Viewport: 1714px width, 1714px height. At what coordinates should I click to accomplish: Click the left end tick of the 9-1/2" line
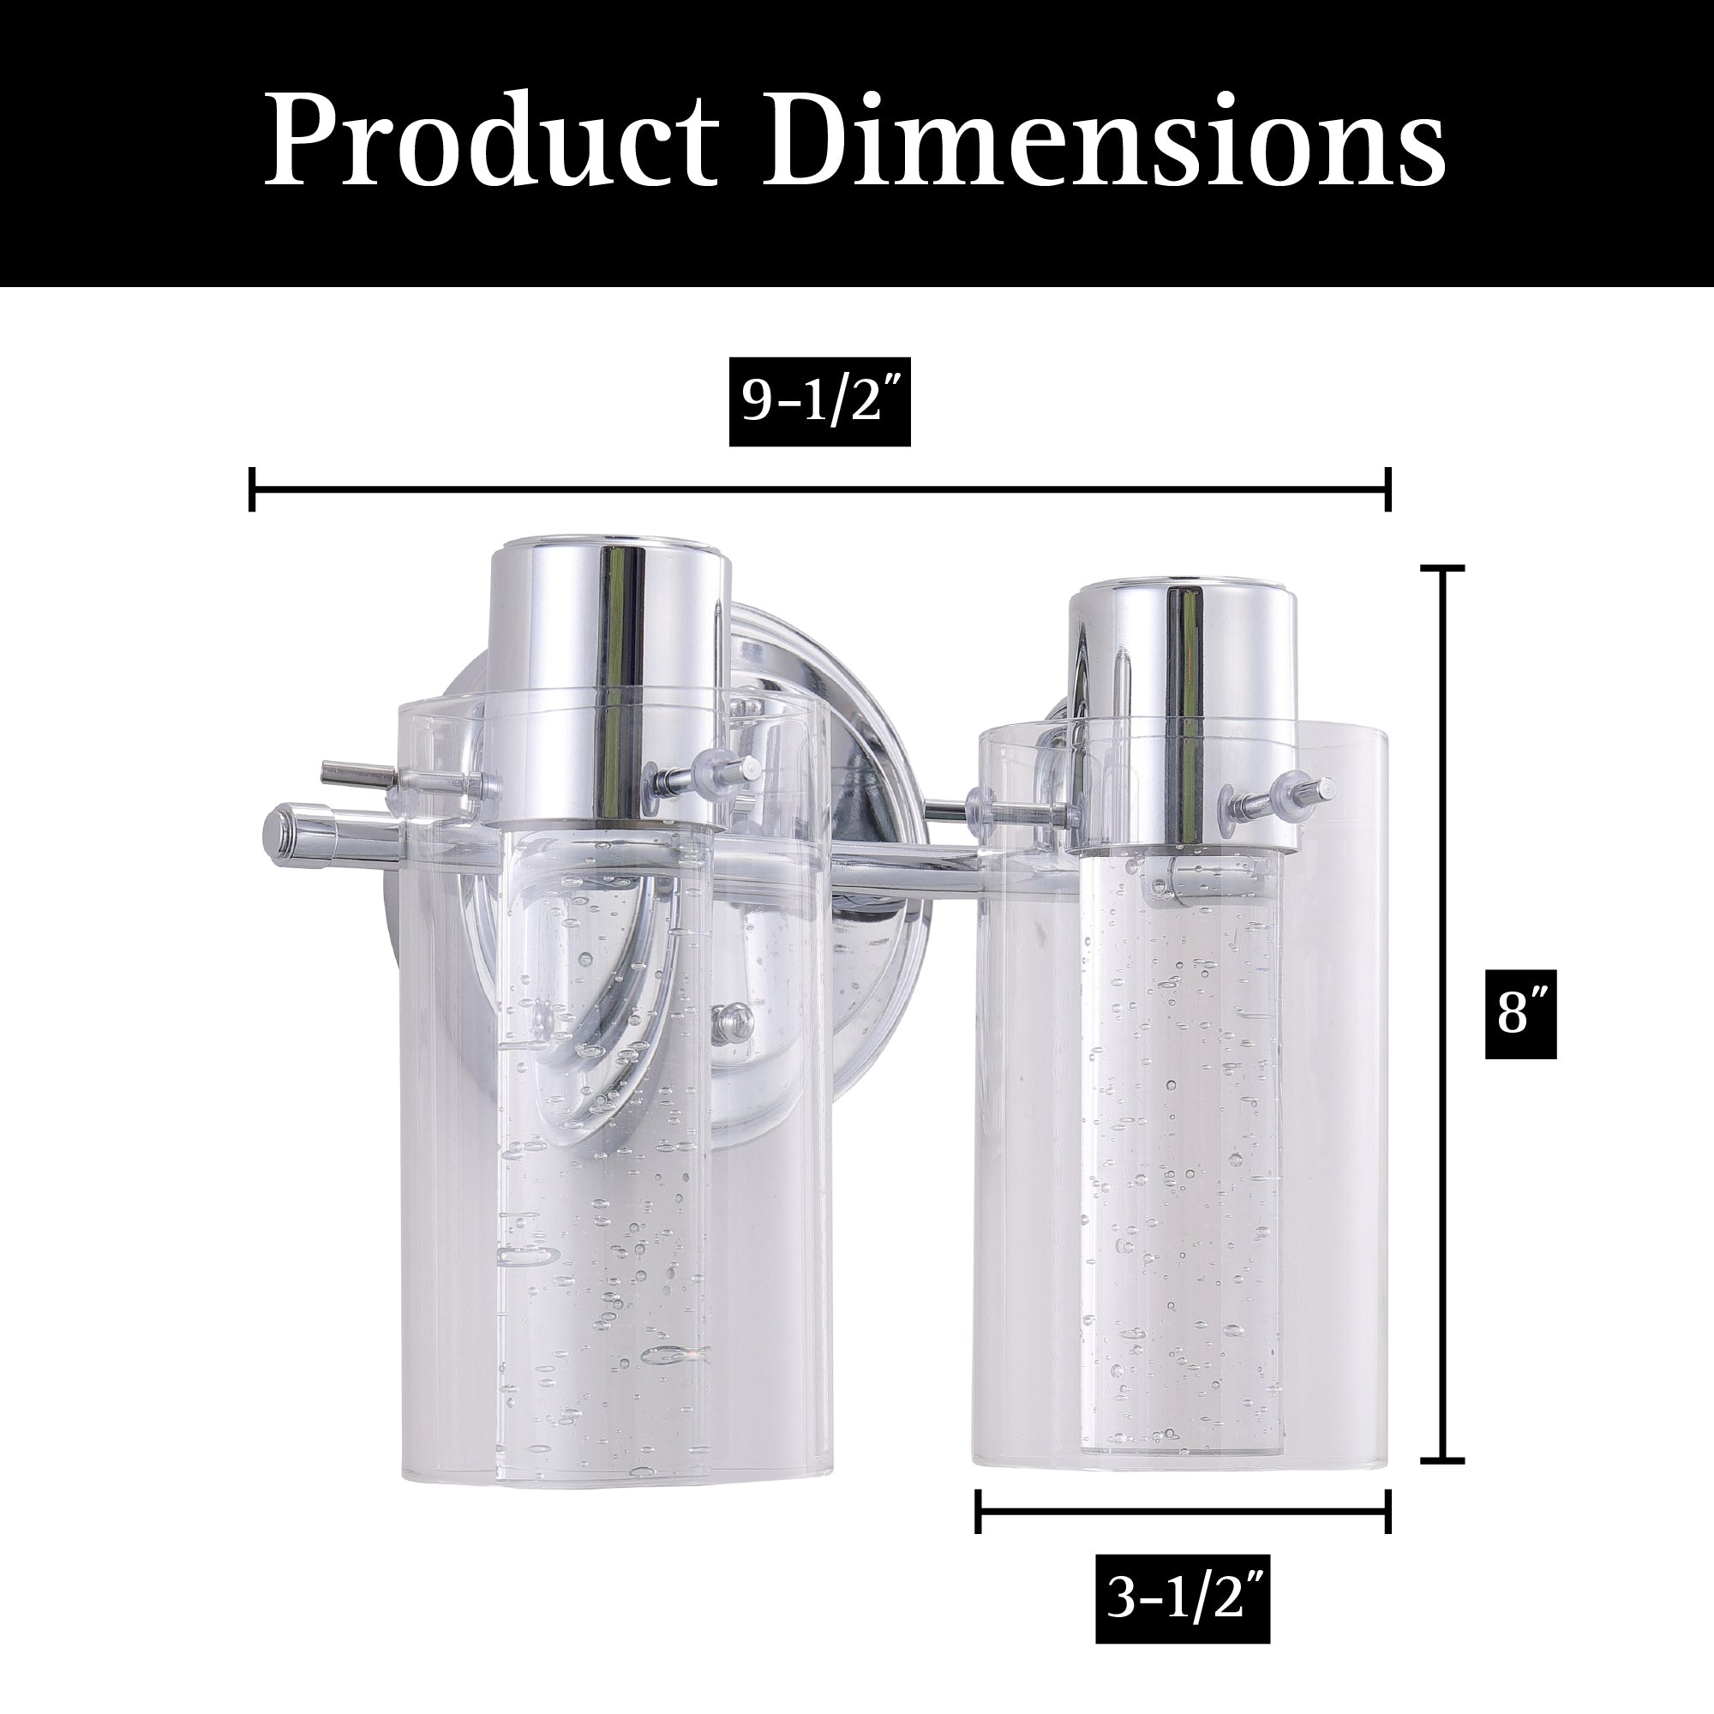[x=253, y=488]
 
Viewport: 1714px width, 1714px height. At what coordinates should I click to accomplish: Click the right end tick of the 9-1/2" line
[x=1388, y=488]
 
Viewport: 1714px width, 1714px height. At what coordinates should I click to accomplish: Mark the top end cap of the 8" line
[x=1442, y=566]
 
